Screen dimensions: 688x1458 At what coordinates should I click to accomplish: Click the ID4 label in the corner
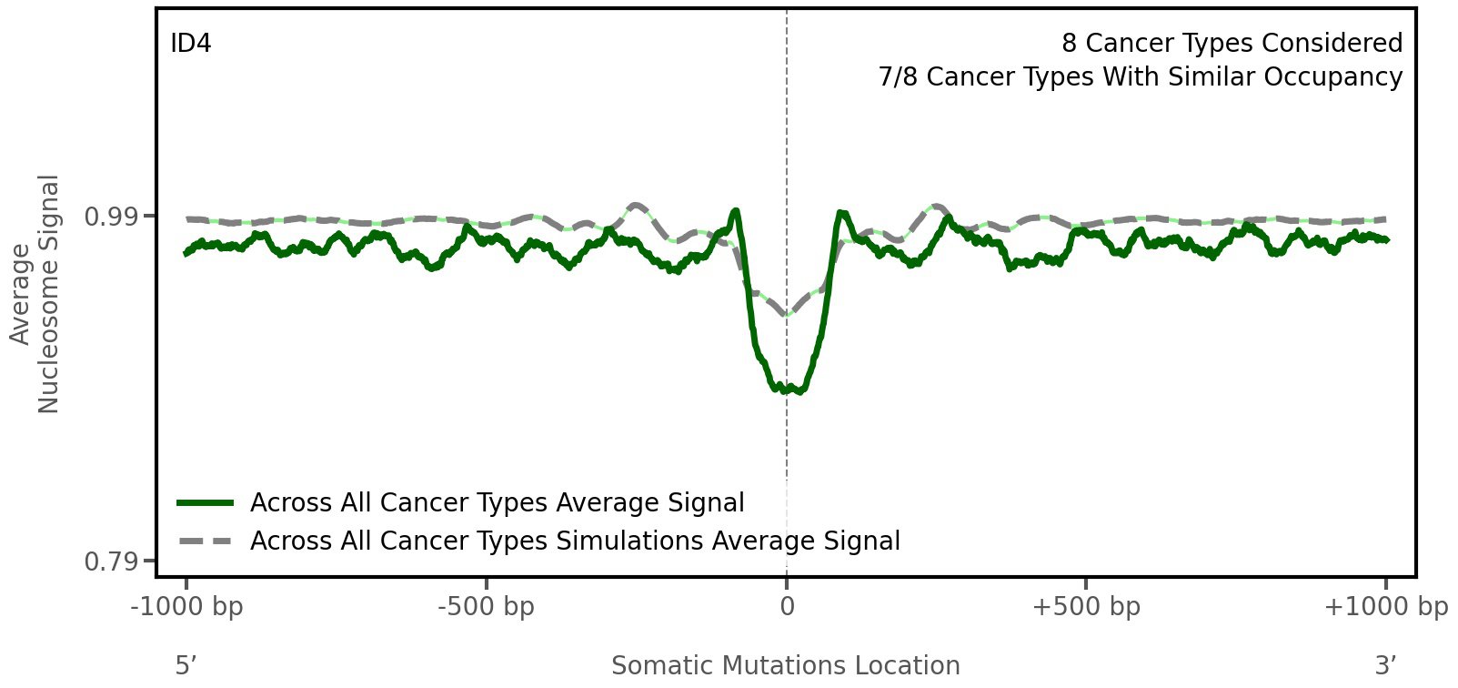pos(191,44)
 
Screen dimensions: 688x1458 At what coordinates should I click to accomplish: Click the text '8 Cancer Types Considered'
pos(1232,44)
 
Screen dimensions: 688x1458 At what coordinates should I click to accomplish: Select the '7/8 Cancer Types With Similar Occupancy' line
pos(1140,77)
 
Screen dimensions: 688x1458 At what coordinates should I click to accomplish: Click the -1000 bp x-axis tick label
pos(186,607)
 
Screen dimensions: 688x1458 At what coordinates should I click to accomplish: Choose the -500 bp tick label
pos(486,607)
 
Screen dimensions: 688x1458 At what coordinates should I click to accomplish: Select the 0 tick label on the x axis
pos(787,607)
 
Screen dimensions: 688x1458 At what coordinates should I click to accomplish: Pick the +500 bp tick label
pos(1086,607)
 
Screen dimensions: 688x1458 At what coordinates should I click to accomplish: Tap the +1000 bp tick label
pos(1385,607)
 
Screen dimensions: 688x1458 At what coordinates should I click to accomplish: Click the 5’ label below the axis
pos(186,666)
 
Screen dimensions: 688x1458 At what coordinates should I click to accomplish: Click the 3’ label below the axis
pos(1385,666)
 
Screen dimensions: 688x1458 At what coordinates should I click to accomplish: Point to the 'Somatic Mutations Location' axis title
pos(785,666)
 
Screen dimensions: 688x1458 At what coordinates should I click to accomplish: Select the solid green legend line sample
pos(206,503)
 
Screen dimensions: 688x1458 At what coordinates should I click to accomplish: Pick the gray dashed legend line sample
pos(206,541)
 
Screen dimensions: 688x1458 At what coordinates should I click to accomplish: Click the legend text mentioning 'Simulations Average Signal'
pos(575,541)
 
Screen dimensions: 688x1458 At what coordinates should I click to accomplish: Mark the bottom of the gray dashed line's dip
pos(787,315)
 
